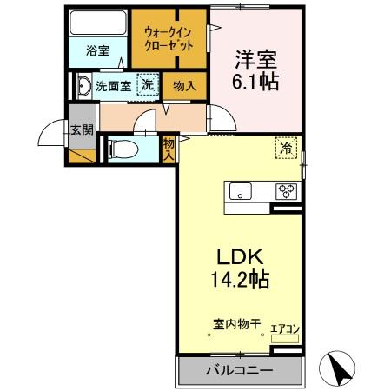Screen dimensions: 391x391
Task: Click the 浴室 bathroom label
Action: click(x=96, y=50)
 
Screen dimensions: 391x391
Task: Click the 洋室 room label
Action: click(x=256, y=61)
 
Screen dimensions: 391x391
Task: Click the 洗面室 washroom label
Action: click(x=113, y=86)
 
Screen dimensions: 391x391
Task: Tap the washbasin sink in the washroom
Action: click(x=84, y=86)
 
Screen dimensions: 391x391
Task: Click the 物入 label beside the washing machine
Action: click(x=185, y=86)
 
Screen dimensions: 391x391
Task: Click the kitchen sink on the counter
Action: click(x=240, y=191)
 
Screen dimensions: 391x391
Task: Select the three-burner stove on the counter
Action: click(x=286, y=191)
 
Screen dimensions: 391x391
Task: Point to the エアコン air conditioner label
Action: click(x=285, y=328)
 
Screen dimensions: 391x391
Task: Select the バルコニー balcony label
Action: click(x=239, y=371)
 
